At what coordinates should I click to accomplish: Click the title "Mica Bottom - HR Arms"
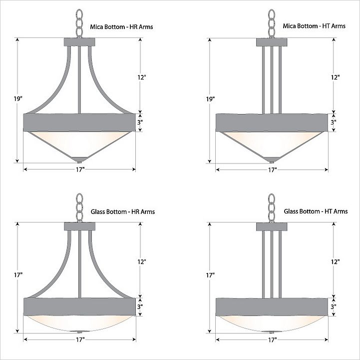121,27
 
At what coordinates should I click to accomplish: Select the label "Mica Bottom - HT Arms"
314,26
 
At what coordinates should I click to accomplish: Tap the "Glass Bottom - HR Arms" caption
123,211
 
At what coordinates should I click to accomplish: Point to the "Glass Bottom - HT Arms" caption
316,211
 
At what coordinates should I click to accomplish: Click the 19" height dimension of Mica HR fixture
18,99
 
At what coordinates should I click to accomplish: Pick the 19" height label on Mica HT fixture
210,99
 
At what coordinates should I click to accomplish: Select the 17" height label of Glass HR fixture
18,275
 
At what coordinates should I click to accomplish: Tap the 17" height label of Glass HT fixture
210,275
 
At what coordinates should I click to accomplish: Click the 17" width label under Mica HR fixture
80,169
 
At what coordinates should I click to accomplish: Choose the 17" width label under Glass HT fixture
272,340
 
